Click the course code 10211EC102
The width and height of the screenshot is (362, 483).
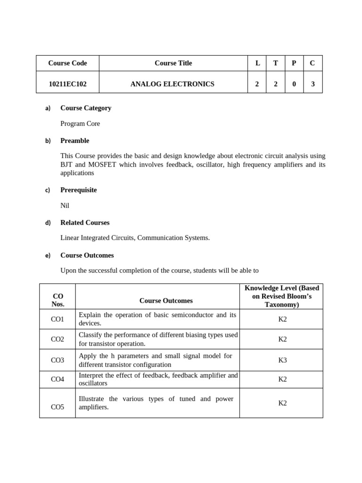coord(67,84)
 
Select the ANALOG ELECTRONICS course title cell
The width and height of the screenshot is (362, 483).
coord(172,84)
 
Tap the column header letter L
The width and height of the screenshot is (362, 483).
coord(257,63)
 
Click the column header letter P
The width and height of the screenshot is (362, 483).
coord(294,63)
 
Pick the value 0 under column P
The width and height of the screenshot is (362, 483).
coord(294,84)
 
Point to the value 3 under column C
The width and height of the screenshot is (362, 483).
coord(313,84)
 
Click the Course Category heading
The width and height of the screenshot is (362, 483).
coord(86,108)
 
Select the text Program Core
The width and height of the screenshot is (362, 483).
coord(80,124)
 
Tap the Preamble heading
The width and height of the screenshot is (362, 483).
coord(74,141)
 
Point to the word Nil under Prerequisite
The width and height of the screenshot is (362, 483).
coord(65,206)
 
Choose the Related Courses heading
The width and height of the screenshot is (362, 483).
coord(85,223)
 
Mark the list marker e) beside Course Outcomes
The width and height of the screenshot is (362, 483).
coord(48,256)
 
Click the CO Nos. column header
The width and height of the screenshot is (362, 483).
coord(58,300)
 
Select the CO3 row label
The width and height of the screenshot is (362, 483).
coord(58,360)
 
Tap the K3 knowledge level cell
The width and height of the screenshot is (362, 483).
coord(282,360)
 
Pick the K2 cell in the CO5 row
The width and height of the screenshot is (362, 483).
coord(282,403)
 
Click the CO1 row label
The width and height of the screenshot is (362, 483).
coord(58,319)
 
